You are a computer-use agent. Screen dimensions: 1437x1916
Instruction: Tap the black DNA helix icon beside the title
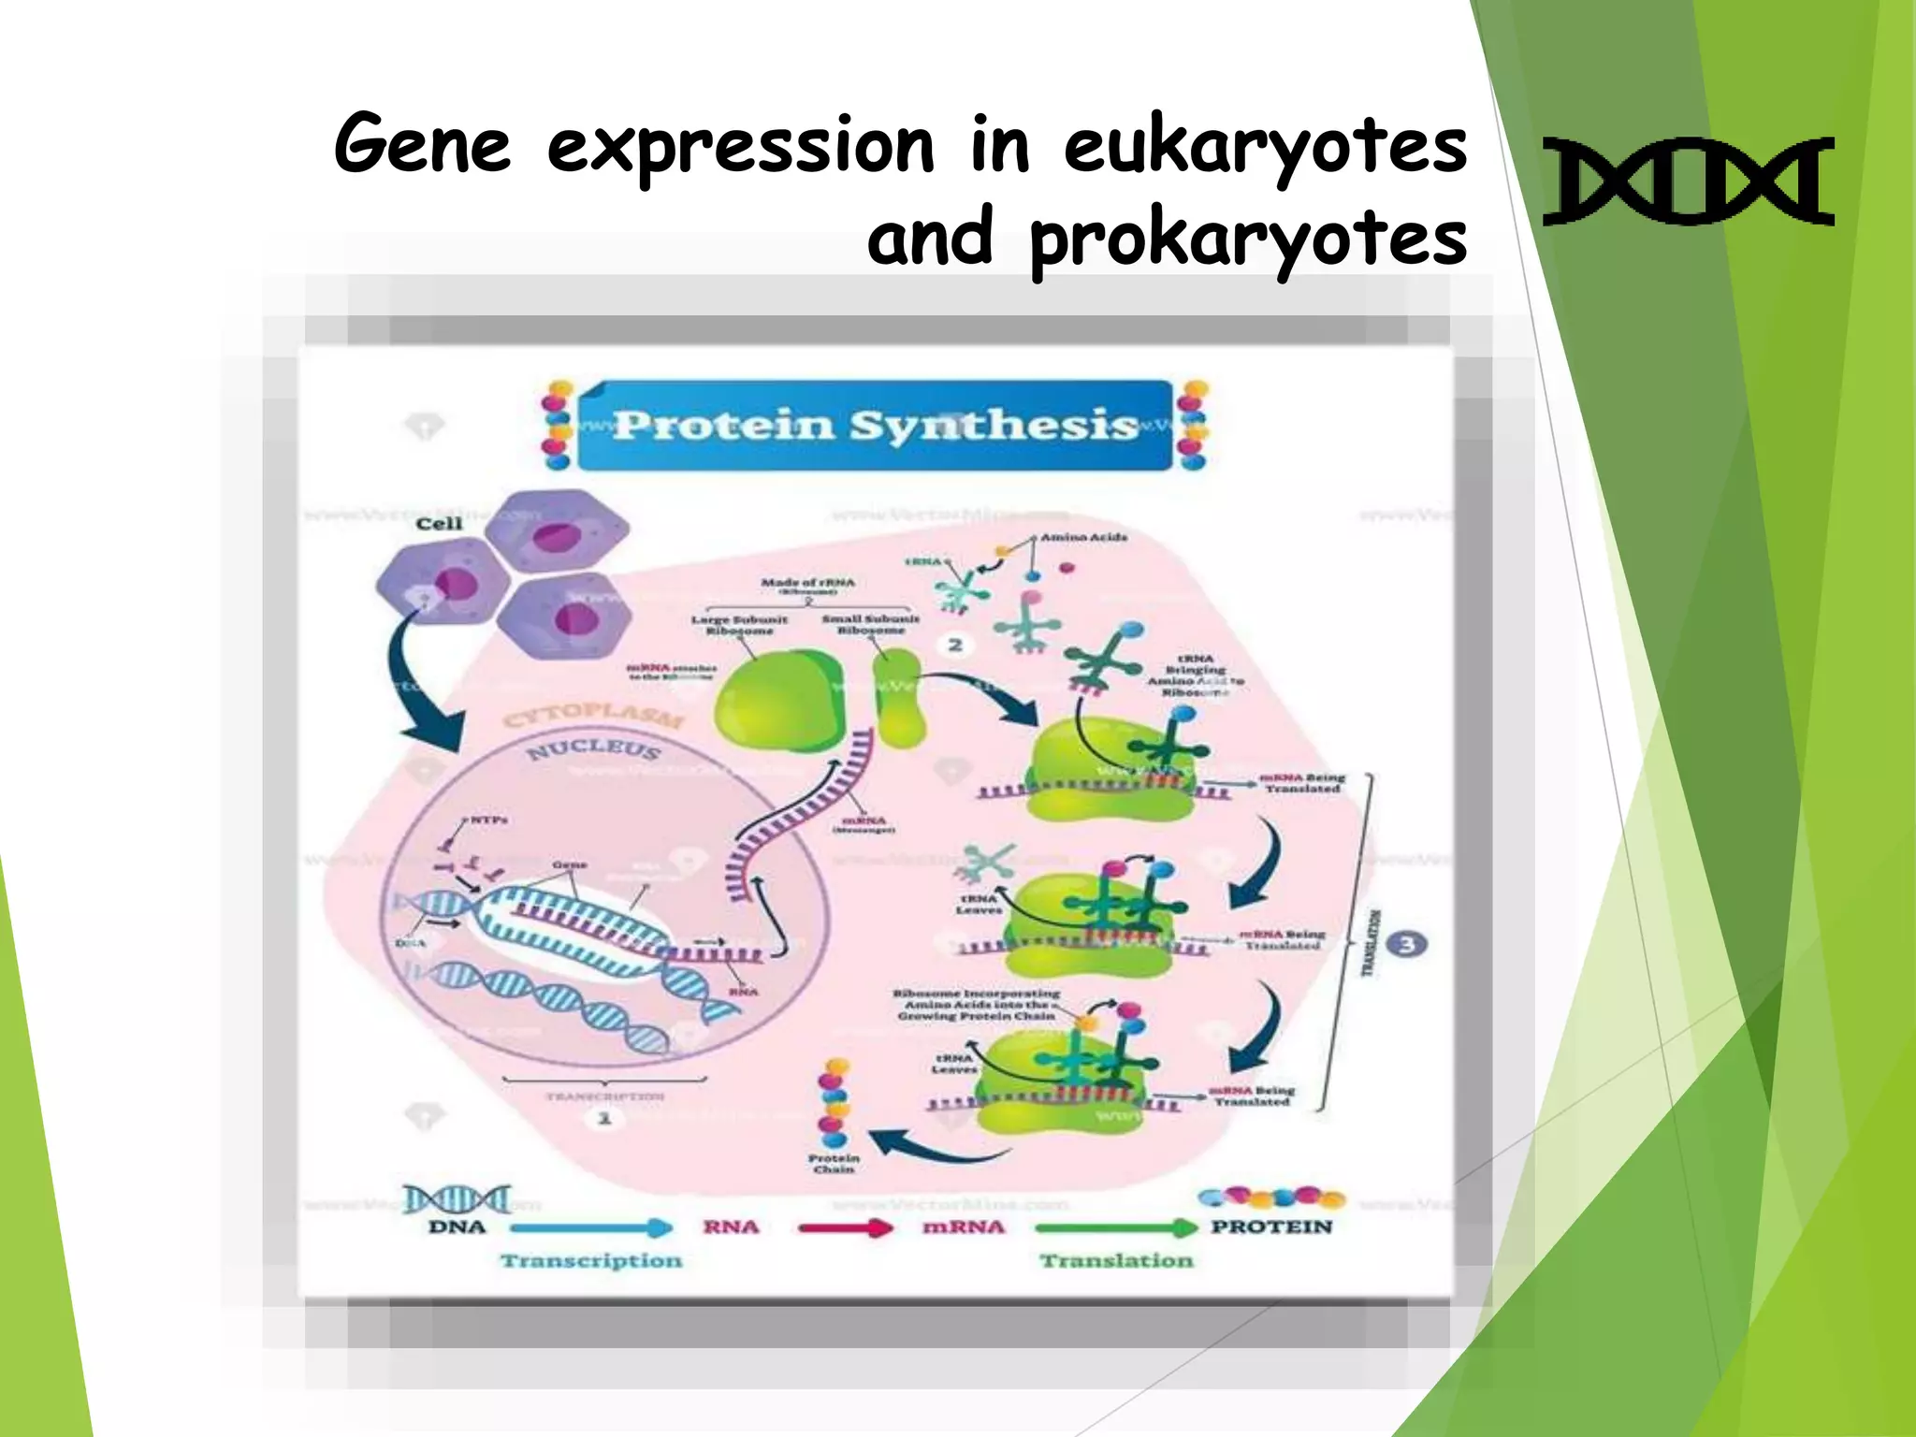[1688, 181]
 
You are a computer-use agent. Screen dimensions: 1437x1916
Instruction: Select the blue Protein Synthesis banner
[875, 426]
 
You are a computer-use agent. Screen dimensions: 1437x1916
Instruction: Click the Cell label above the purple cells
[439, 524]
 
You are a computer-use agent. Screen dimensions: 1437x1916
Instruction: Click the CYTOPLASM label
[594, 716]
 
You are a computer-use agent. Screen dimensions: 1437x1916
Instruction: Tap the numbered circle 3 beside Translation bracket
[1406, 944]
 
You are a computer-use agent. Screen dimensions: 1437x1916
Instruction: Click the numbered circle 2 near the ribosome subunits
[955, 645]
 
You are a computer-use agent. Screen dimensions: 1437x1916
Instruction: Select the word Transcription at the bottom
[591, 1261]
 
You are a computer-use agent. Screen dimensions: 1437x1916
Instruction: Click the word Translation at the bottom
[1116, 1261]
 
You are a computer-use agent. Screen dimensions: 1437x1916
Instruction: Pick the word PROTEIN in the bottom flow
[1271, 1227]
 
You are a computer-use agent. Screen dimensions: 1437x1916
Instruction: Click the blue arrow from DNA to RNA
[591, 1227]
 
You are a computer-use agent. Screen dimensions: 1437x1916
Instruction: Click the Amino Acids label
[1083, 538]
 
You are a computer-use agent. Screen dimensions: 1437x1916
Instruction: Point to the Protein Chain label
[834, 1164]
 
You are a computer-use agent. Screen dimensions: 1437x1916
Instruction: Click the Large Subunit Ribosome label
[739, 625]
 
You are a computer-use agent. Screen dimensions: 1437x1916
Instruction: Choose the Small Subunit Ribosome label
[870, 625]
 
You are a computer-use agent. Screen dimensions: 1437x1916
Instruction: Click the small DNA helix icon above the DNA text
[457, 1198]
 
